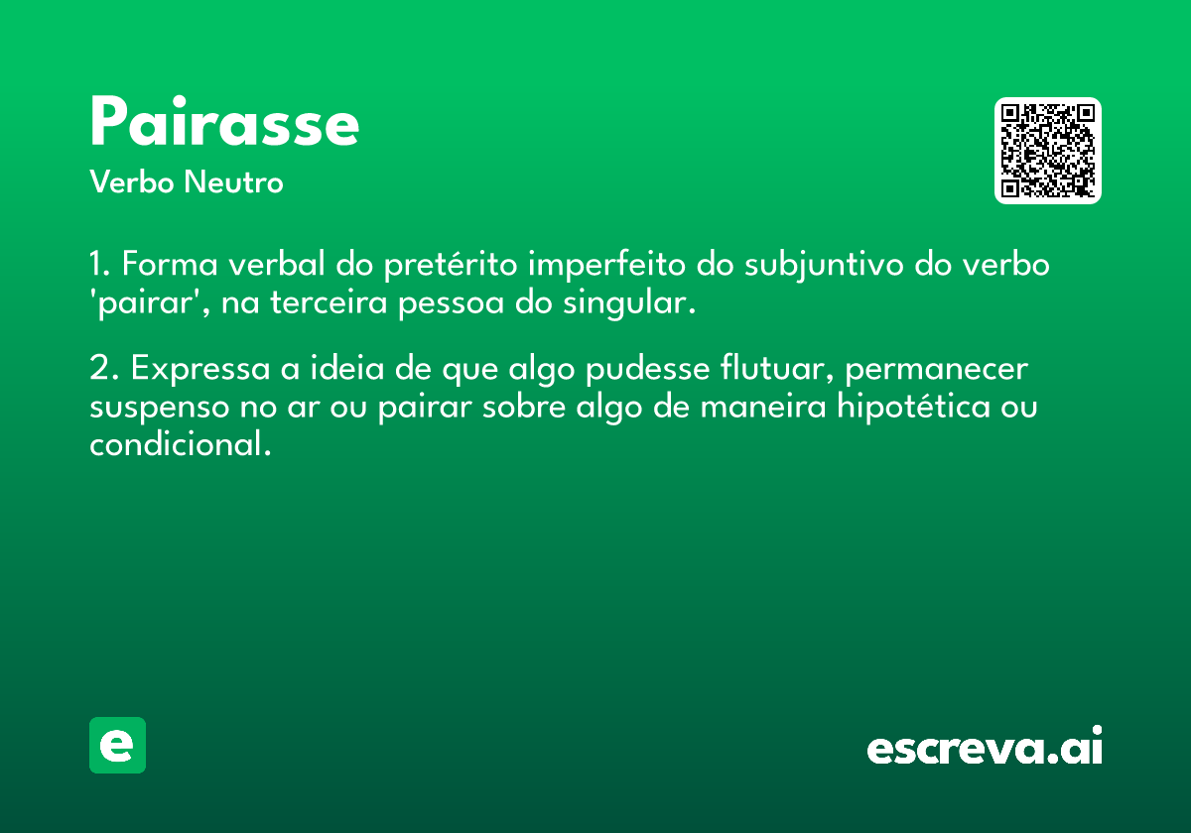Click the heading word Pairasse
click(x=224, y=121)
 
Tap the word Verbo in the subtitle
click(x=132, y=181)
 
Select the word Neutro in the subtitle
click(x=233, y=181)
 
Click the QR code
click(x=1047, y=151)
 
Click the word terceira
click(x=329, y=302)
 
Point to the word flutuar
click(x=776, y=368)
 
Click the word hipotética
click(x=913, y=408)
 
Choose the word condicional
click(x=181, y=443)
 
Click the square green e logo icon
click(x=117, y=745)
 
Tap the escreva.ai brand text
click(x=985, y=745)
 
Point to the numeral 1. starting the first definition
click(x=100, y=264)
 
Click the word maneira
click(x=763, y=407)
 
